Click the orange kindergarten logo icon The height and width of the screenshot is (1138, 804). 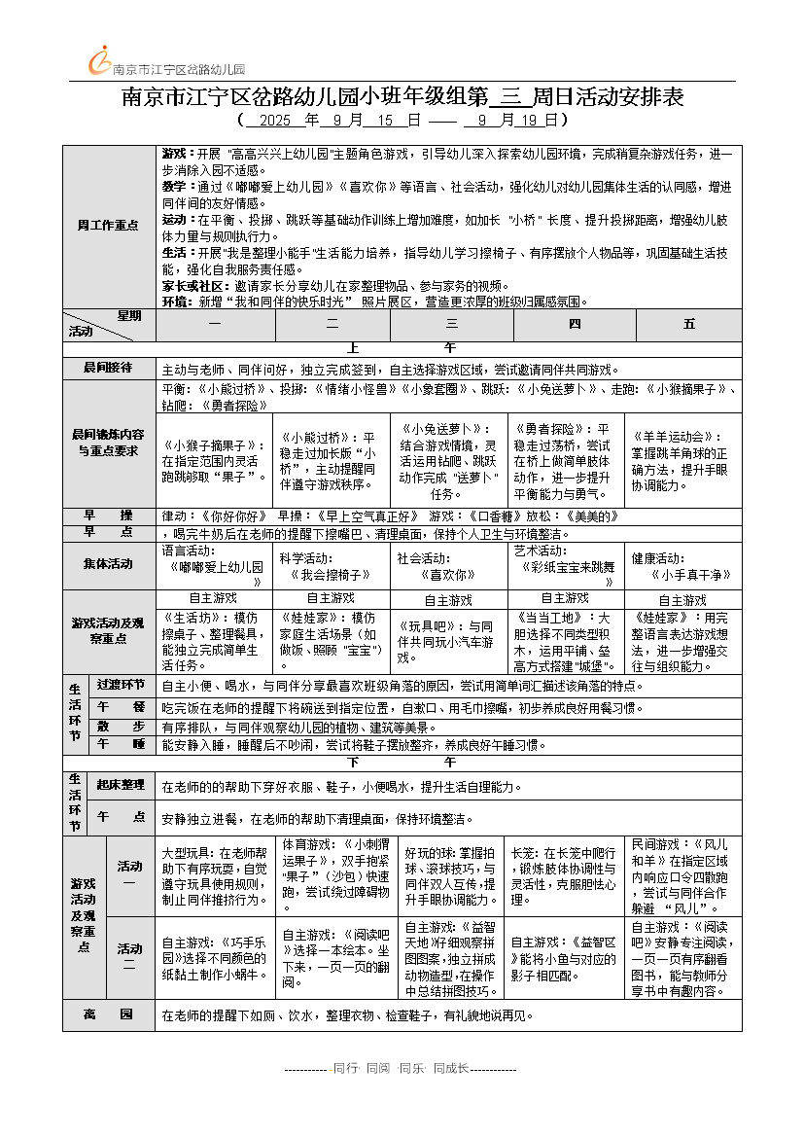(100, 60)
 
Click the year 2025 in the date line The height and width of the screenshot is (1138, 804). (275, 121)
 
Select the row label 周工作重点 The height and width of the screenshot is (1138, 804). (108, 226)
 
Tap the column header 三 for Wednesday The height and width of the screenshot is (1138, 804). (452, 324)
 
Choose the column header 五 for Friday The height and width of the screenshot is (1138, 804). (689, 324)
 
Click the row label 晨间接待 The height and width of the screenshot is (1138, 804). (108, 369)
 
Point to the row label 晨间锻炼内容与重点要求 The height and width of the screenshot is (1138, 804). (108, 443)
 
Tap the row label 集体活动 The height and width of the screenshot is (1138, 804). (108, 564)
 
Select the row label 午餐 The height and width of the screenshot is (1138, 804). (121, 706)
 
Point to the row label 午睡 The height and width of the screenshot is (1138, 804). (121, 744)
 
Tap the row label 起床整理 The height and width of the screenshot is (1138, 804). (121, 785)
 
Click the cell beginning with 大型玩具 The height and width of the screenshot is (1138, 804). (217, 875)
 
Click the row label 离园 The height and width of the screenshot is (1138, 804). (108, 1015)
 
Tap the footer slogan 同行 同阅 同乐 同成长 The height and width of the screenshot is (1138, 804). (401, 1068)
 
